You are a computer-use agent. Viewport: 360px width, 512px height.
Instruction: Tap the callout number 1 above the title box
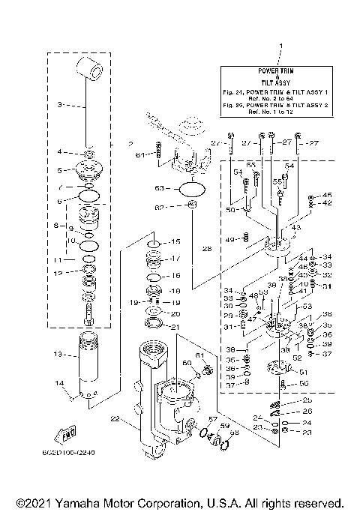point(280,48)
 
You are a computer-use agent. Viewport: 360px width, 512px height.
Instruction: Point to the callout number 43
point(296,228)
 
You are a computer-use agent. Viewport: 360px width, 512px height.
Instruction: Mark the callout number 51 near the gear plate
point(304,372)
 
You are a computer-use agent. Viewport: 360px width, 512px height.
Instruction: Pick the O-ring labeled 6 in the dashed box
point(88,196)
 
